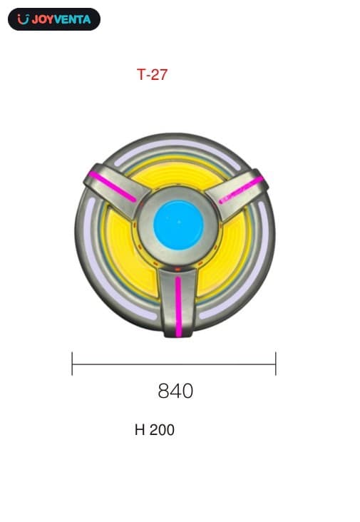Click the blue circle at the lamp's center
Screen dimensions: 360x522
(178, 225)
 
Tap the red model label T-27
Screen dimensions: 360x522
(152, 75)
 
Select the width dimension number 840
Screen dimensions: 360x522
(175, 391)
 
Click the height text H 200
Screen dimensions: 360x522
(155, 430)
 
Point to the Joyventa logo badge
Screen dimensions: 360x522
(54, 19)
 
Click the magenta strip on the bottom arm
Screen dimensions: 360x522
(179, 306)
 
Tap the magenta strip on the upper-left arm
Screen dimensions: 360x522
(113, 187)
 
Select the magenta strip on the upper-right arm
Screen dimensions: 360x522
(241, 190)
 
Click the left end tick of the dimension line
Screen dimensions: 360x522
(72, 364)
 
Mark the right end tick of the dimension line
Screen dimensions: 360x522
(276, 364)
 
